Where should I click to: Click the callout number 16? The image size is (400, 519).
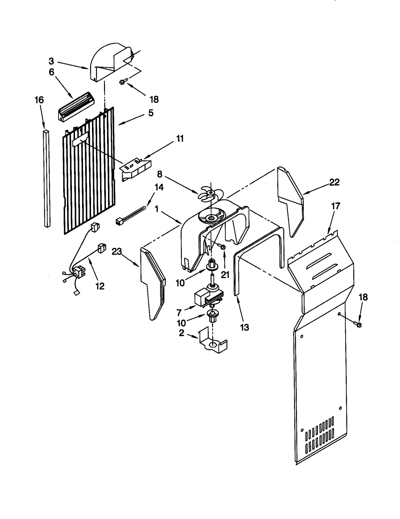(x=39, y=100)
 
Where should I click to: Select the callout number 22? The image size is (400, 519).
(x=334, y=182)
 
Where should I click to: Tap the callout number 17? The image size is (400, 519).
(x=336, y=206)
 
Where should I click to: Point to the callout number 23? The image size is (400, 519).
(x=117, y=252)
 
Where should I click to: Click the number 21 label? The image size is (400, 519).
(x=225, y=275)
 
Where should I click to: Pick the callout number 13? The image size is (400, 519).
(x=244, y=327)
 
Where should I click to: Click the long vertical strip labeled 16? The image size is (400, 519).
(x=47, y=179)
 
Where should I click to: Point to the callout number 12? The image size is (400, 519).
(x=100, y=286)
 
